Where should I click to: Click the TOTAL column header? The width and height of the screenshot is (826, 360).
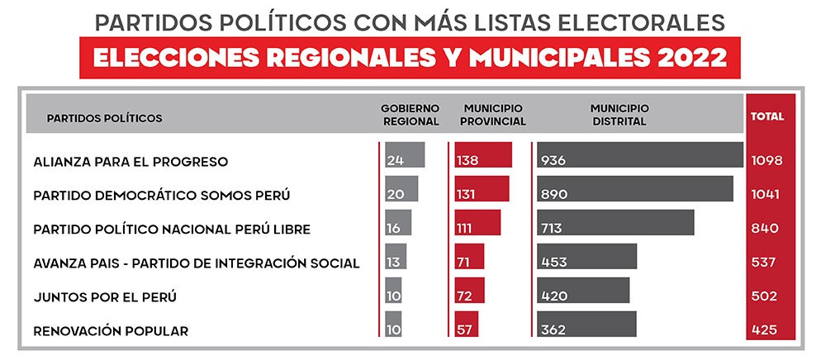coord(767,116)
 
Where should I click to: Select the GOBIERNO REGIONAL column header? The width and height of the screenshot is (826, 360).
coord(410,115)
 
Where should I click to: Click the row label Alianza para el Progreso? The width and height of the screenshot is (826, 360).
coord(131,161)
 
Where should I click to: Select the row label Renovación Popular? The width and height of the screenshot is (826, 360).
coord(111,331)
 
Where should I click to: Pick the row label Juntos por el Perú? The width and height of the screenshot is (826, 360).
coord(105,296)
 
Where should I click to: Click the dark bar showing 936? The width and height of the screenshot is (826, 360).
coord(639,159)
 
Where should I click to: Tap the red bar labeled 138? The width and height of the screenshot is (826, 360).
coord(483,159)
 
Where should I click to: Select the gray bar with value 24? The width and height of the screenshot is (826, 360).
coord(405,159)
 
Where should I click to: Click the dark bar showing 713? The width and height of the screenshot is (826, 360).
coord(615,227)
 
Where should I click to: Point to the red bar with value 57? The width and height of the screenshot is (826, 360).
coord(466,329)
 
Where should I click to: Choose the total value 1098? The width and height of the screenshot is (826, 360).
coord(767,160)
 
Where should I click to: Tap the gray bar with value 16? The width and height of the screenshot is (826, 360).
coord(398,227)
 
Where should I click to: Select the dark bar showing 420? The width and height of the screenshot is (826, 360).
coord(582,295)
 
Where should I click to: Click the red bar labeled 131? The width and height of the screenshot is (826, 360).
coord(482,193)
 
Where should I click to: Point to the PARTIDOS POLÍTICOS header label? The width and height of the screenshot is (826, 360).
coord(104,117)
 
